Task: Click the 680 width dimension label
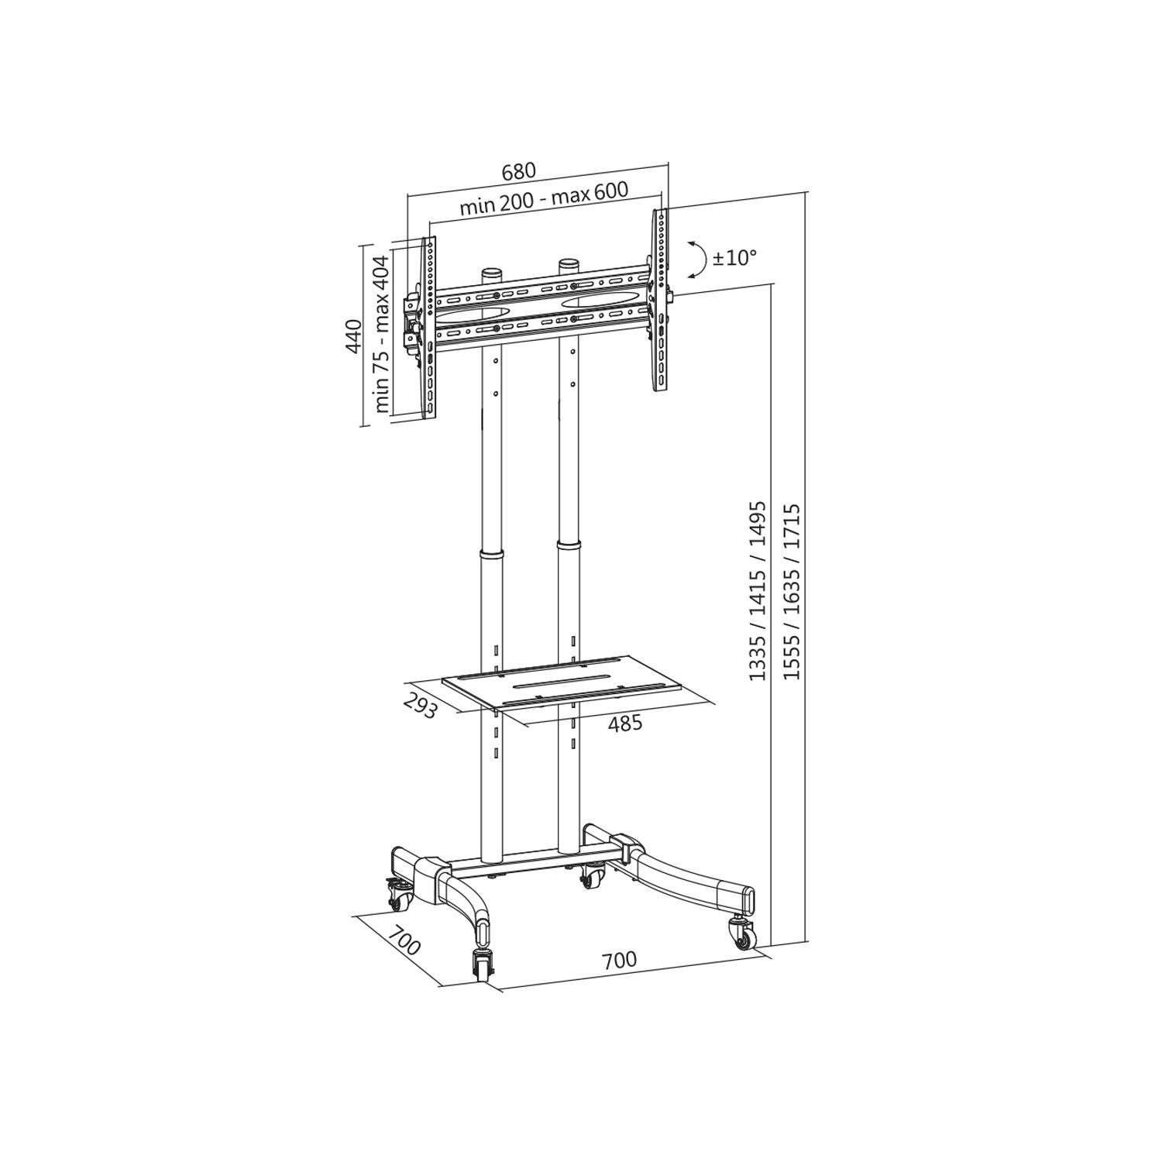tap(519, 170)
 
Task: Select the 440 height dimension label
tap(354, 336)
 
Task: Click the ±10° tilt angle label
tap(734, 258)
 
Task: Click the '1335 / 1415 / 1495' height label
tap(756, 591)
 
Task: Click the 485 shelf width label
tap(625, 724)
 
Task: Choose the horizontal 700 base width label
tap(619, 959)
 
